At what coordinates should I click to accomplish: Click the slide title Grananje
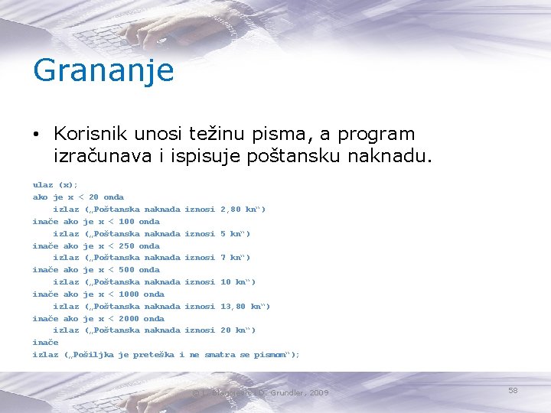click(x=103, y=71)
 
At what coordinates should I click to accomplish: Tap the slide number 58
click(x=513, y=391)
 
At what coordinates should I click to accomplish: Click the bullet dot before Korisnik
click(x=37, y=135)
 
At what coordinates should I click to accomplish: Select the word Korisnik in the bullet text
click(x=90, y=134)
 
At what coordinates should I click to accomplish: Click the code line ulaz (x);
click(x=55, y=185)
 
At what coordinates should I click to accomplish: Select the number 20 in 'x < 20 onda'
click(x=93, y=197)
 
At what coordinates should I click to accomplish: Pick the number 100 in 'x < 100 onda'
click(x=126, y=222)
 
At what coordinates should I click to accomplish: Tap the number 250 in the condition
click(x=126, y=246)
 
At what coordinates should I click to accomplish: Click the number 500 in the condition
click(x=126, y=270)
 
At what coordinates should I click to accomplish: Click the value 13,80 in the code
click(x=233, y=307)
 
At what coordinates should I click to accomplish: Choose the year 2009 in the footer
click(x=318, y=393)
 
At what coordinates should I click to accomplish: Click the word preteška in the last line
click(x=154, y=355)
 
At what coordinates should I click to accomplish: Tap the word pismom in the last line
click(x=271, y=355)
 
